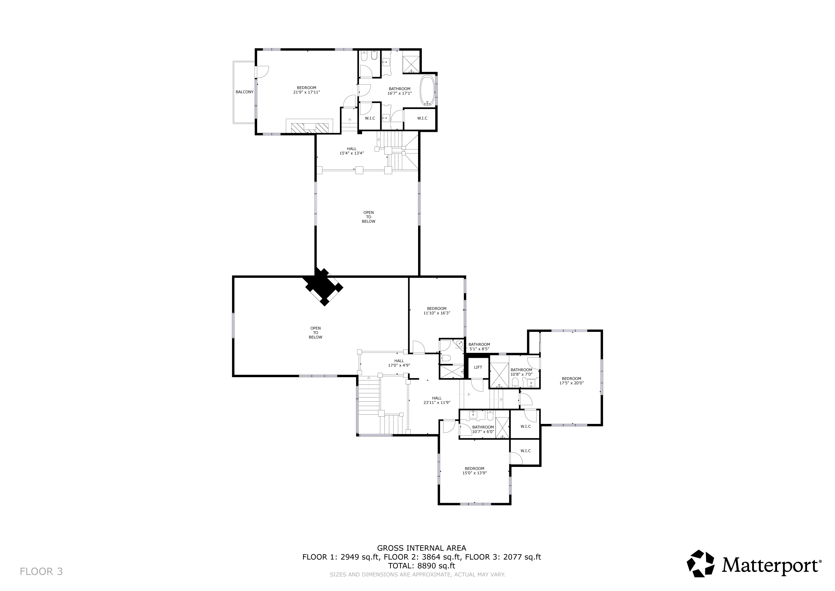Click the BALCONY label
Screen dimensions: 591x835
click(245, 92)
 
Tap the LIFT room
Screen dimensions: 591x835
click(478, 367)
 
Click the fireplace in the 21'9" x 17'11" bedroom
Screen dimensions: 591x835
click(309, 127)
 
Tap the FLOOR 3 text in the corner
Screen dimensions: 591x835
click(41, 572)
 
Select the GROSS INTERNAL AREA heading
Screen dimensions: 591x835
click(422, 548)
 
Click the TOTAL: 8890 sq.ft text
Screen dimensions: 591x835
click(422, 566)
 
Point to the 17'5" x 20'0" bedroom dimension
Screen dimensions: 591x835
click(571, 383)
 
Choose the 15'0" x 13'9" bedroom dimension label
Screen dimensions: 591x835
click(474, 473)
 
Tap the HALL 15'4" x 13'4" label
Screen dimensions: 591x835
click(352, 151)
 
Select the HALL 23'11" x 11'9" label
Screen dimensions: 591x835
click(437, 400)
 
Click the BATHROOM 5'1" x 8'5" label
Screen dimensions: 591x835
click(479, 347)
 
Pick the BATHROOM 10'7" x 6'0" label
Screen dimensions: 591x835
click(483, 429)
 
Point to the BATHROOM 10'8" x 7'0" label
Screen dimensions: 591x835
click(521, 372)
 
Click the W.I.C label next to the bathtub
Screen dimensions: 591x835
click(422, 118)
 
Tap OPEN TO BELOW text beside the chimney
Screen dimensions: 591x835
click(315, 333)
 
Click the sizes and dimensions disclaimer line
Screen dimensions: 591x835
click(417, 575)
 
